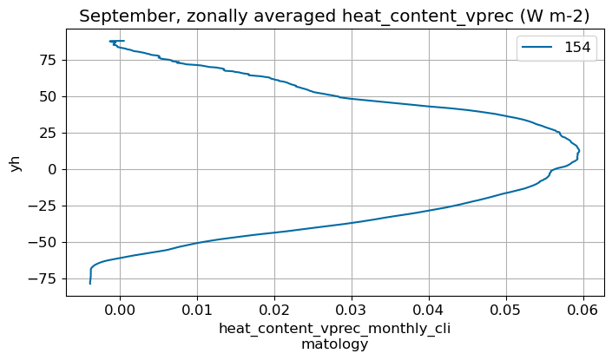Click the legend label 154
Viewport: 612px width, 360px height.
577,49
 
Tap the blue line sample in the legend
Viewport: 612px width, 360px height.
535,49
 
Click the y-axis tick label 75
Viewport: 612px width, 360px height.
47,60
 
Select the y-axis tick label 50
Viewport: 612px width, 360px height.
47,96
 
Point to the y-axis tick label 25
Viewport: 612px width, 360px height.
47,133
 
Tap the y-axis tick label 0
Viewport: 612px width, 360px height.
51,169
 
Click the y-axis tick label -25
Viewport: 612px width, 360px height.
43,206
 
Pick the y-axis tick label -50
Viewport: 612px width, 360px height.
43,242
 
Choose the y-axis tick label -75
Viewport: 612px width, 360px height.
43,278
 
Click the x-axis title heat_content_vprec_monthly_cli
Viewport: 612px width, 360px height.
334,329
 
